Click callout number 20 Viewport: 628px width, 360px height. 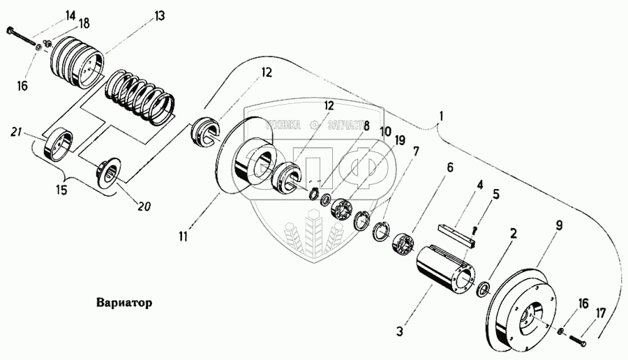click(146, 206)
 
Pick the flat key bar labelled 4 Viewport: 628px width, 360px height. click(456, 234)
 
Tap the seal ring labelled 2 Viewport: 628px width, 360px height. click(481, 287)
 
